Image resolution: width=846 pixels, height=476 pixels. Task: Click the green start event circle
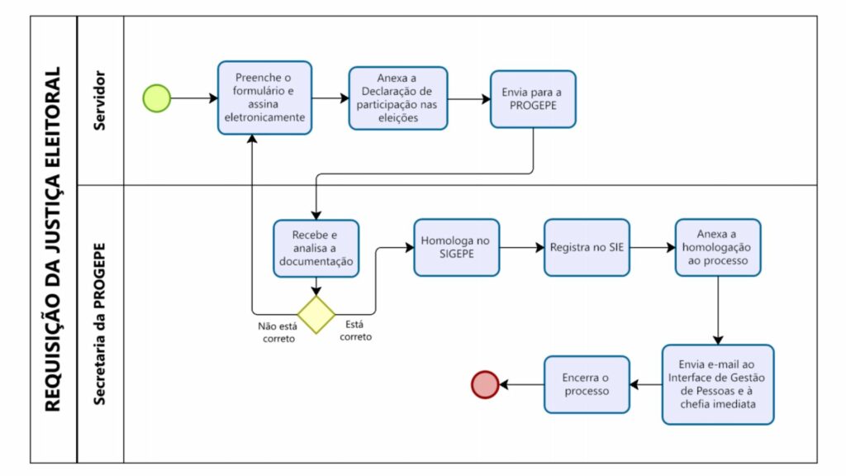pos(156,98)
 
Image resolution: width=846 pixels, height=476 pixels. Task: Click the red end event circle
pos(485,385)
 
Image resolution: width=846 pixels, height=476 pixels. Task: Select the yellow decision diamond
pos(316,315)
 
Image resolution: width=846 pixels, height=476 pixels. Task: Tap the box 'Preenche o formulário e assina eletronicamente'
pos(265,98)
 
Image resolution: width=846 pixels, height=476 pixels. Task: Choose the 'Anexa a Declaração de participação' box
pos(398,98)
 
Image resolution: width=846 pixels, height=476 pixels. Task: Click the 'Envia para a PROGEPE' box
pos(533,99)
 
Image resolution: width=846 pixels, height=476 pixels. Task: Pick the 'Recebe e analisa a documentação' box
pos(316,248)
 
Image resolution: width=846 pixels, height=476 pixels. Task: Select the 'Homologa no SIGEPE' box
pos(456,248)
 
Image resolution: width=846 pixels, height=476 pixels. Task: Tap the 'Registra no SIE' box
pos(587,248)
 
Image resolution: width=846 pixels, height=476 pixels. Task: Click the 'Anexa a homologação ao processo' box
pos(718,248)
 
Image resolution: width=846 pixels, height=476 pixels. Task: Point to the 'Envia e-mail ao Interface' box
pos(718,385)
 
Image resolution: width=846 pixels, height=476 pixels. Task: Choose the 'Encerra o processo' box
pos(587,385)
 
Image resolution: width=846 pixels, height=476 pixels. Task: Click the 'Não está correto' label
pos(278,332)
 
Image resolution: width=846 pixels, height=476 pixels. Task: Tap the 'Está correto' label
pos(355,331)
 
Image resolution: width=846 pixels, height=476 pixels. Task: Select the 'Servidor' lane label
pos(99,100)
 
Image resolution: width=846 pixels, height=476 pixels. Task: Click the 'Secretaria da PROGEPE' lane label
pos(99,324)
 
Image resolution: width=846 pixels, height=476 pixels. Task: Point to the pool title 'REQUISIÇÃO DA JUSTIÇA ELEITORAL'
pos(53,239)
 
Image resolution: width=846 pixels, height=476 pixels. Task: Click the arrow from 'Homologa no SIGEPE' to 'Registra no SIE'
pos(522,248)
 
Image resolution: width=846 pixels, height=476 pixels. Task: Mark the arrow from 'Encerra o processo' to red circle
pos(522,385)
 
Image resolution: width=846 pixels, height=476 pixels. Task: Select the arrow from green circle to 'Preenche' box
pos(194,98)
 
